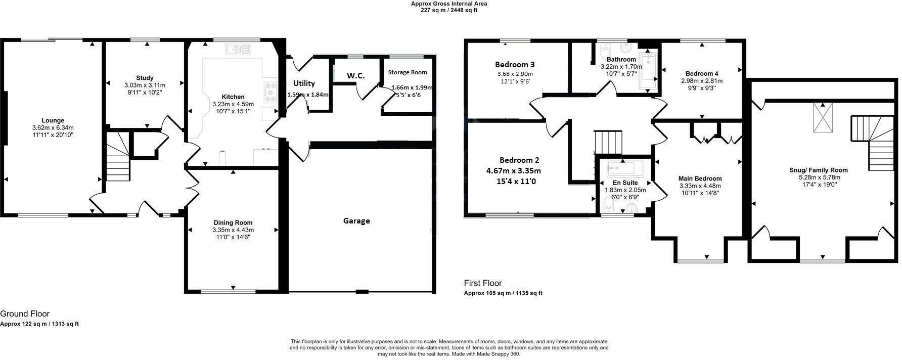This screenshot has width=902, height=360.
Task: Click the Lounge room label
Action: click(x=53, y=120)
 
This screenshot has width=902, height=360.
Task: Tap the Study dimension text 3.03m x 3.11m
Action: click(x=145, y=85)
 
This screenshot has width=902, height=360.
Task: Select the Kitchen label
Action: click(x=233, y=97)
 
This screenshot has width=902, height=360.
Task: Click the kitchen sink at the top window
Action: click(x=238, y=49)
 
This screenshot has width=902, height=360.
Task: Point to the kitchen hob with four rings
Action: click(x=270, y=93)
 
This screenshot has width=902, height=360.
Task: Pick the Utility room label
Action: click(x=304, y=83)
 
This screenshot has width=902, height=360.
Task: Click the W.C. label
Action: click(x=355, y=75)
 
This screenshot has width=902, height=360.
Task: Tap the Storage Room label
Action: click(x=408, y=73)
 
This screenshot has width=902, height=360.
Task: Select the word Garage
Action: click(x=356, y=221)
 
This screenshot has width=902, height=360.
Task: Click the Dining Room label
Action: click(x=233, y=222)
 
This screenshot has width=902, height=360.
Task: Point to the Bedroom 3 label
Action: click(x=515, y=65)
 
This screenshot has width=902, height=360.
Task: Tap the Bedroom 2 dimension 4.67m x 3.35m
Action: click(x=513, y=171)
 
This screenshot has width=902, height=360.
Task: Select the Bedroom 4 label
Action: click(x=702, y=73)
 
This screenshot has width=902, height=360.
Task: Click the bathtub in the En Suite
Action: click(x=624, y=167)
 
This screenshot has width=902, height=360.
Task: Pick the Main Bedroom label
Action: click(x=700, y=178)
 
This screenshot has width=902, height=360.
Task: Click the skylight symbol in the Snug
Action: click(x=823, y=117)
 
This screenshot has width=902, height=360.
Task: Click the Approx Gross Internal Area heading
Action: click(x=449, y=4)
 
